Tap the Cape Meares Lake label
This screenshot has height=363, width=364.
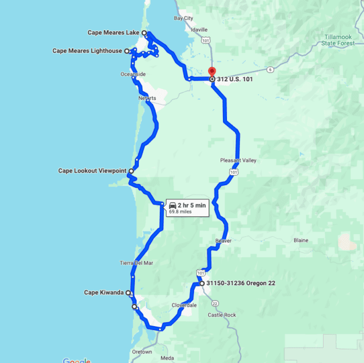113,33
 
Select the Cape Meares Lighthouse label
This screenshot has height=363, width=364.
87,51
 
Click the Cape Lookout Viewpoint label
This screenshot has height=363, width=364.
92,170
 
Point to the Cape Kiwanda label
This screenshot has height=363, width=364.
104,293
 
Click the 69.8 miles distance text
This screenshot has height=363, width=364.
180,212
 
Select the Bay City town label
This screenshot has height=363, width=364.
183,18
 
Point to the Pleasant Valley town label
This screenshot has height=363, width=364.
238,160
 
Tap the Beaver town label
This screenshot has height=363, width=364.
223,241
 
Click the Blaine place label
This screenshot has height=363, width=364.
300,240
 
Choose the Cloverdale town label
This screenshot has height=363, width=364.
184,305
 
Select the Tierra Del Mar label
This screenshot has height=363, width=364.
136,263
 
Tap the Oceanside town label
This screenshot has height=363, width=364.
133,74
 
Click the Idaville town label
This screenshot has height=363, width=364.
199,30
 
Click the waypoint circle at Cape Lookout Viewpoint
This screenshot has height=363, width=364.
131,170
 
